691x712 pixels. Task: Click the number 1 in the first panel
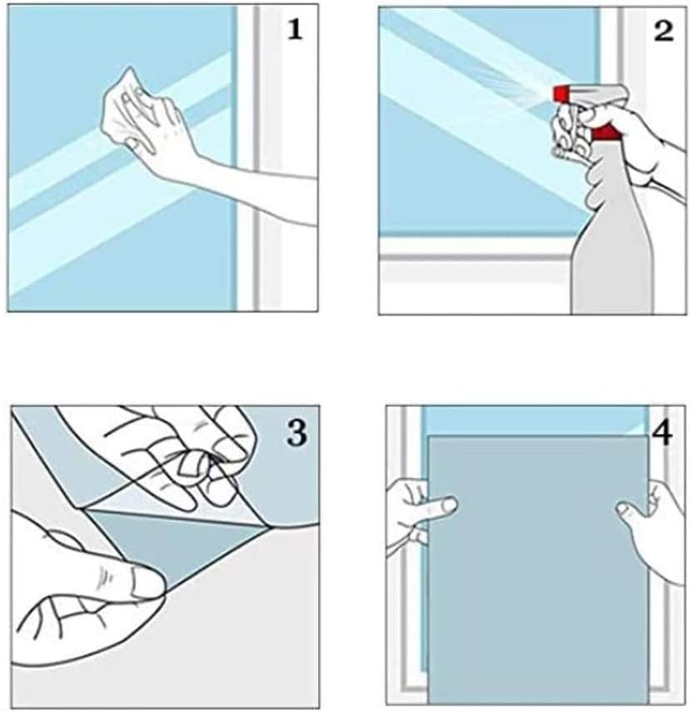click(x=295, y=30)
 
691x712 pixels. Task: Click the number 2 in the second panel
click(x=664, y=31)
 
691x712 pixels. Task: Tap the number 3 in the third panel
click(x=296, y=433)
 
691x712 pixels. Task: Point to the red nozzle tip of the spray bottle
click(x=559, y=93)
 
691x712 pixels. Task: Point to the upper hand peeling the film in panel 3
click(x=181, y=459)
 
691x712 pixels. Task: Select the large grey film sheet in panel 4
click(x=538, y=570)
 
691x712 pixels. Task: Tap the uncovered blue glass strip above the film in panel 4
click(x=535, y=421)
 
